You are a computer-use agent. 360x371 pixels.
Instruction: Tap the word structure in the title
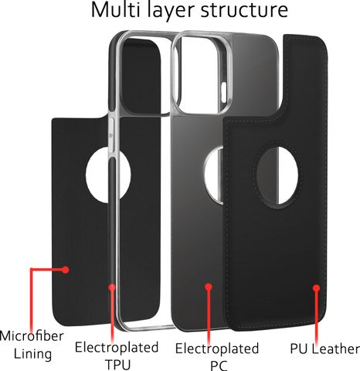click(244, 10)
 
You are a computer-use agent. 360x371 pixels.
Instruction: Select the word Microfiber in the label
click(32, 336)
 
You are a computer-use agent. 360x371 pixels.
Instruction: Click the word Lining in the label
click(32, 354)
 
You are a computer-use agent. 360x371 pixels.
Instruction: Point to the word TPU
click(118, 365)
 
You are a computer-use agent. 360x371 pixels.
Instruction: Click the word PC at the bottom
click(219, 366)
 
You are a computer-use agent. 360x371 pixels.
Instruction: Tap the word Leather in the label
click(335, 349)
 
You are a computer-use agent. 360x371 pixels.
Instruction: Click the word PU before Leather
click(299, 349)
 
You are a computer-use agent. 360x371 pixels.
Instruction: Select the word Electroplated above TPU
click(117, 347)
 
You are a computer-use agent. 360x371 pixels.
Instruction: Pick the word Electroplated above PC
click(217, 349)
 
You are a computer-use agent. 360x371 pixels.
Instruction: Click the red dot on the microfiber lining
click(66, 270)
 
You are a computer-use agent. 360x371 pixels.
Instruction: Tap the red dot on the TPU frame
click(112, 288)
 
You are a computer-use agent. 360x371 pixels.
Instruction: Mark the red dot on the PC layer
click(209, 287)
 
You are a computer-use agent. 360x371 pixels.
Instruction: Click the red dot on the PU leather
click(317, 288)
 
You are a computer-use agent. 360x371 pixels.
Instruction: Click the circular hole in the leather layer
click(277, 175)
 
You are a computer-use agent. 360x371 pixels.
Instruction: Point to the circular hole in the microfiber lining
click(108, 175)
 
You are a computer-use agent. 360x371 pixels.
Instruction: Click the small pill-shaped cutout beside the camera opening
click(223, 90)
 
